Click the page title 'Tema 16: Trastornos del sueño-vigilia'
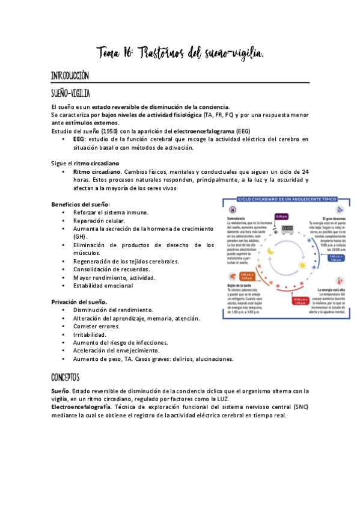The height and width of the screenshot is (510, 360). click(180, 55)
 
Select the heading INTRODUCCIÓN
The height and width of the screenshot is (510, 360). click(70, 76)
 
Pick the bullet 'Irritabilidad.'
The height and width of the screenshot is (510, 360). click(90, 334)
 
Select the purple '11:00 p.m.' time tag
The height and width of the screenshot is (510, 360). click(281, 216)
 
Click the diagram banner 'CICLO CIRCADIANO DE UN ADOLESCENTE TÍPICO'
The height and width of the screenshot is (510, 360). click(283, 199)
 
